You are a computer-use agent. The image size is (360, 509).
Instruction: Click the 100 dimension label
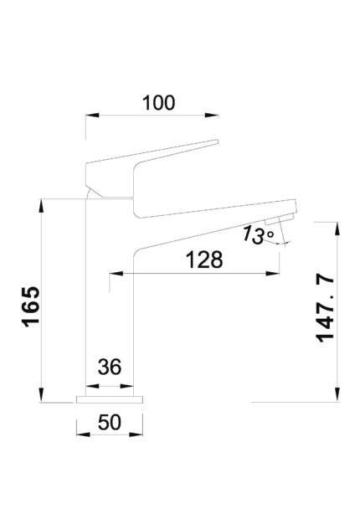(159, 103)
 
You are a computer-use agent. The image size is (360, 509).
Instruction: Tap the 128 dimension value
(204, 260)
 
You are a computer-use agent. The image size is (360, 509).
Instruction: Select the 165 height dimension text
(31, 306)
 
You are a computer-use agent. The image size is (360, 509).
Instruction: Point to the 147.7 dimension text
(325, 309)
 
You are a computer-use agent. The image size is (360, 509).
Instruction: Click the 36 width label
(110, 367)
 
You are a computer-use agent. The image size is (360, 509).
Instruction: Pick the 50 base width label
(110, 422)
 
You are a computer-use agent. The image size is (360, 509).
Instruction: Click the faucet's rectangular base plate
(110, 399)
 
